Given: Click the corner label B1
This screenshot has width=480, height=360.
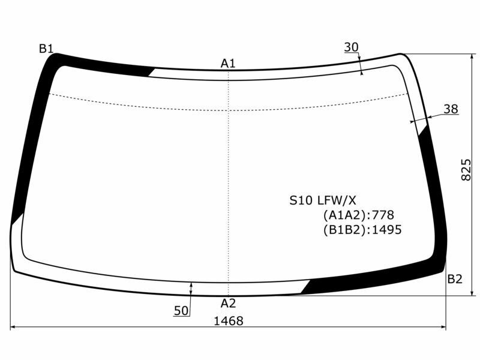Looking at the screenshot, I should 46,49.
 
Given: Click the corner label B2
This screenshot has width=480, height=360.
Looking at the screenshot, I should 455,278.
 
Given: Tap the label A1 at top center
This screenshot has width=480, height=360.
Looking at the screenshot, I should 228,63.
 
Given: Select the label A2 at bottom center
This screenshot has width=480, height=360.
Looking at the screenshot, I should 228,303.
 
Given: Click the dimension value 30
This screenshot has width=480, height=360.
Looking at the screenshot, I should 352,47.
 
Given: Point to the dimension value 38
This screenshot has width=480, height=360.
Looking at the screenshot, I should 451,109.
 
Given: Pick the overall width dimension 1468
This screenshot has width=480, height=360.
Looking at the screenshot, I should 228,321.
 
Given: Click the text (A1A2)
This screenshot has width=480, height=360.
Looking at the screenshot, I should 346,215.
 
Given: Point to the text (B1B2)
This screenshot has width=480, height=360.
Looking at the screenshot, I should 344,229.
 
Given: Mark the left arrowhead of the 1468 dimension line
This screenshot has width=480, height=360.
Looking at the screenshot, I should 13,328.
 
